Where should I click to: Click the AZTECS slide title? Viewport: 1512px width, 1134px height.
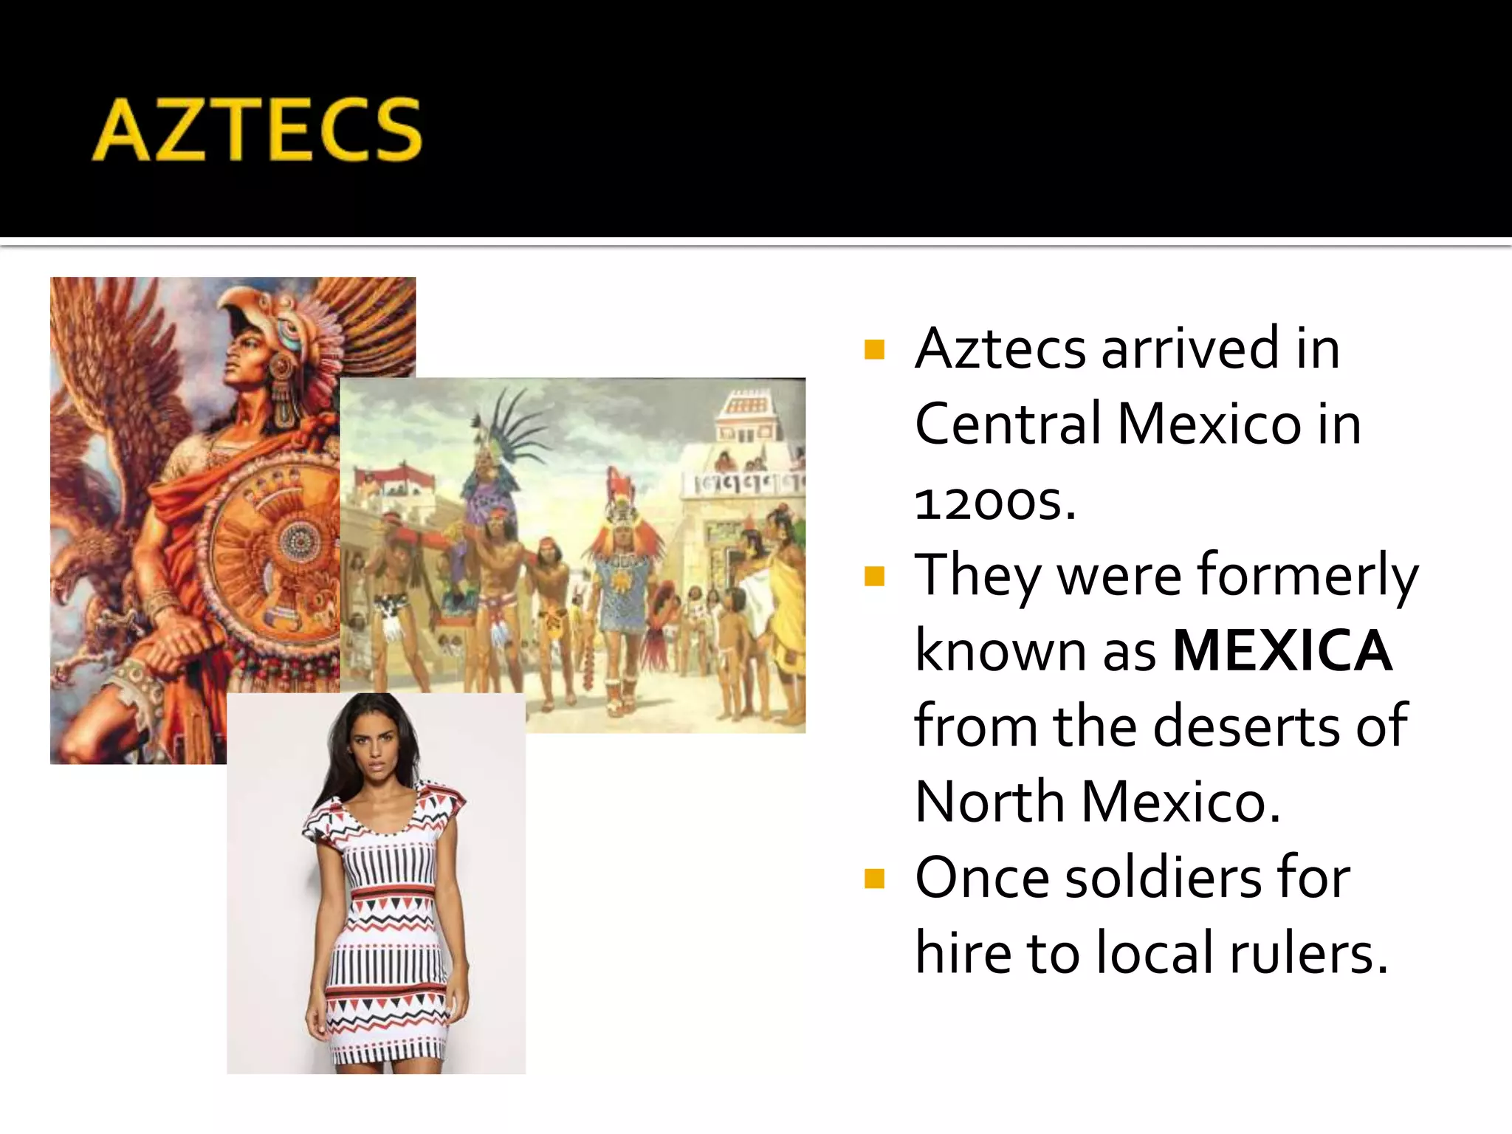(257, 130)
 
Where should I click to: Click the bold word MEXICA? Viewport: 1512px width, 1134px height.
(1282, 651)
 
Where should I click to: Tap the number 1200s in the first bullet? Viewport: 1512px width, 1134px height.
(994, 502)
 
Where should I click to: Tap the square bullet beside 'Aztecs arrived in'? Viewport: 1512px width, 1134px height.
(874, 348)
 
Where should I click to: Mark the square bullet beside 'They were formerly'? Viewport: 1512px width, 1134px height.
(874, 576)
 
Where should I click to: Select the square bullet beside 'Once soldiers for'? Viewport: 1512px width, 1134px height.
(874, 878)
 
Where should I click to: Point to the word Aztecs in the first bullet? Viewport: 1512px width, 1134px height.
(1000, 348)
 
